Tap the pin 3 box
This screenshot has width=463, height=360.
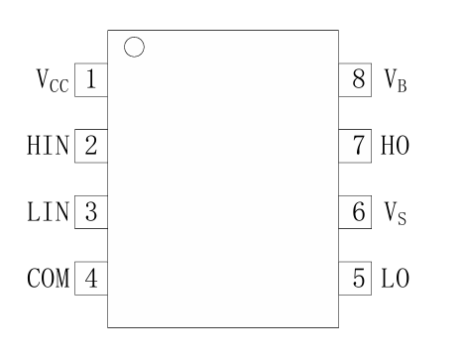point(90,211)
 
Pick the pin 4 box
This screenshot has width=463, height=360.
point(90,277)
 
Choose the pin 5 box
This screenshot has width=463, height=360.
point(358,277)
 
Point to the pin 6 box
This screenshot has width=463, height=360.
point(358,211)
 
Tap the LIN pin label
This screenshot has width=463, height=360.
point(49,211)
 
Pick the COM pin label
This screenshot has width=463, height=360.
point(49,277)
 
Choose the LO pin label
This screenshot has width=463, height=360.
point(394,277)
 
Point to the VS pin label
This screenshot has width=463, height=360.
point(394,212)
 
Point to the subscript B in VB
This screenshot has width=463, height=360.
point(401,86)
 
